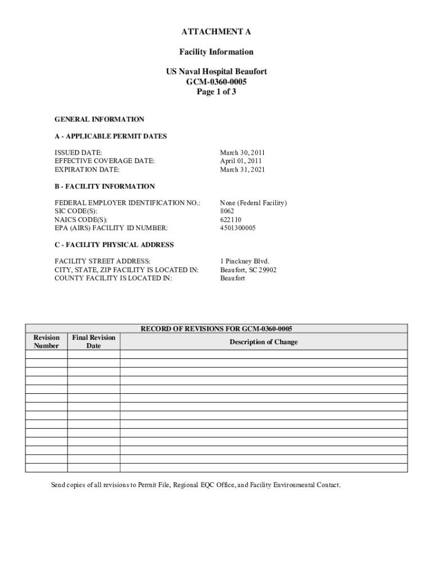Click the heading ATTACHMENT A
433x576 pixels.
pyautogui.click(x=216, y=31)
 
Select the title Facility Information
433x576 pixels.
pyautogui.click(x=216, y=52)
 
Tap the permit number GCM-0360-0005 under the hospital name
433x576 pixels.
pyautogui.click(x=216, y=82)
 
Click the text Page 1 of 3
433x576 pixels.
pyautogui.click(x=216, y=92)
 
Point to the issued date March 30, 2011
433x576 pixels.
pyautogui.click(x=242, y=152)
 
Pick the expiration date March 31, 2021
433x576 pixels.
pyautogui.click(x=242, y=169)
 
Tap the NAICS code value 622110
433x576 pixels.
pyautogui.click(x=231, y=219)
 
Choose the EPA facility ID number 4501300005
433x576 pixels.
pyautogui.click(x=238, y=228)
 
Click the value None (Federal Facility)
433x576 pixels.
pyautogui.click(x=253, y=202)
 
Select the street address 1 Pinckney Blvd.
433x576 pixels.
pyautogui.click(x=245, y=261)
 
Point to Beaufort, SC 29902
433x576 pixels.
pyautogui.click(x=248, y=270)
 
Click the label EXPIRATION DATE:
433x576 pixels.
pyautogui.click(x=87, y=169)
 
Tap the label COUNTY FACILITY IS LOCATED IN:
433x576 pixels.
pyautogui.click(x=113, y=278)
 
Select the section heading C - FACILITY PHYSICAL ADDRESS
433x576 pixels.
pyautogui.click(x=114, y=245)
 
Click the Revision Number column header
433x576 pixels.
pyautogui.click(x=46, y=341)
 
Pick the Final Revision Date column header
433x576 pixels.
pyautogui.click(x=93, y=341)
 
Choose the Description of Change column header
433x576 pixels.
pyautogui.click(x=263, y=342)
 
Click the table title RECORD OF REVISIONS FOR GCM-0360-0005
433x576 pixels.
pyautogui.click(x=216, y=328)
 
